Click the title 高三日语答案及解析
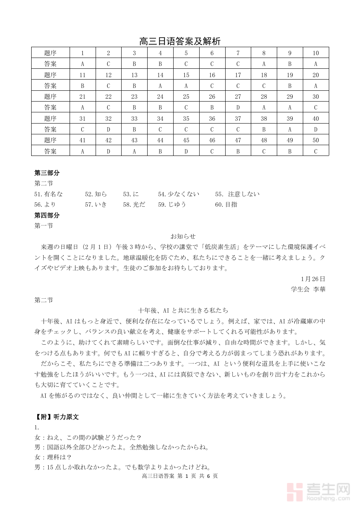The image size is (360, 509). (180, 41)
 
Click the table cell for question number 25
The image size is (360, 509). (186, 96)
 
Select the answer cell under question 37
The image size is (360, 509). (238, 129)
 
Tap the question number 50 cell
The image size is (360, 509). (316, 140)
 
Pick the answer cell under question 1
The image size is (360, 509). (82, 64)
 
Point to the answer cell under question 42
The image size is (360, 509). (108, 151)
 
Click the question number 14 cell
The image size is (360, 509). (160, 75)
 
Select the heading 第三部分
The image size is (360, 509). (47, 173)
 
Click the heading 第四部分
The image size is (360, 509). (47, 215)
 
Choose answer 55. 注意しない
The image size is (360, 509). (237, 194)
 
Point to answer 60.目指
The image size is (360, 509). (226, 204)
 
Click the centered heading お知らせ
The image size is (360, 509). (183, 236)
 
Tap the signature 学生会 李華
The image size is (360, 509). (308, 289)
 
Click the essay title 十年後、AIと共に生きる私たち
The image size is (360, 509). (183, 310)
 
